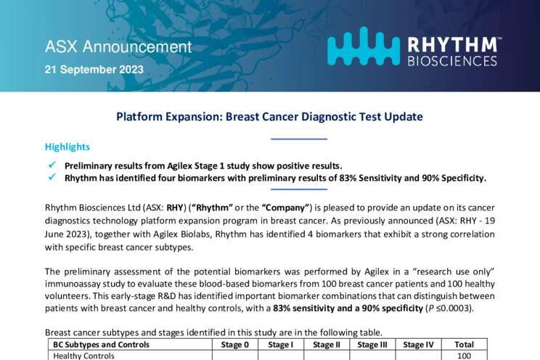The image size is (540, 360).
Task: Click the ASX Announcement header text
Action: (x=118, y=47)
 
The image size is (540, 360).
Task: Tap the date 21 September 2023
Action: (x=94, y=70)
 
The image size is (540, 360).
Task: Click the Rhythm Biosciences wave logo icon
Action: (x=364, y=46)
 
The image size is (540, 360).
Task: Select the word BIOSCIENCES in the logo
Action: (x=452, y=61)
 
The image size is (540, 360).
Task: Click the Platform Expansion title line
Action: (x=270, y=116)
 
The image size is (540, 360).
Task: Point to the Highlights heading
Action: (x=67, y=147)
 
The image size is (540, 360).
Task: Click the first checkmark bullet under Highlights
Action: (x=52, y=165)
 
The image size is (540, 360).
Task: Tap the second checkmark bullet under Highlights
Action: (x=52, y=177)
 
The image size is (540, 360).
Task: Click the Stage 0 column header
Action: (x=235, y=345)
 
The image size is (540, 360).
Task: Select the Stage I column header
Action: (x=281, y=345)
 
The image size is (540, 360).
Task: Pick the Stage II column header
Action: (x=327, y=345)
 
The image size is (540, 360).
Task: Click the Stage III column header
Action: (x=372, y=345)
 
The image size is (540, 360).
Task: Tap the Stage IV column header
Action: (x=419, y=345)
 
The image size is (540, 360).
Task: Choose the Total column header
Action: (x=465, y=345)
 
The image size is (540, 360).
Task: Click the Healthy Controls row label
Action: (x=83, y=356)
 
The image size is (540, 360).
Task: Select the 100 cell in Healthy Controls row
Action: (x=465, y=356)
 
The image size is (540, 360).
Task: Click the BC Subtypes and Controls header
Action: (x=102, y=345)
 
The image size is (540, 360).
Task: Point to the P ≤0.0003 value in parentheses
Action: (x=449, y=308)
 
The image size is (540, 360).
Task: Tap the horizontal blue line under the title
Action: (x=299, y=139)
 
